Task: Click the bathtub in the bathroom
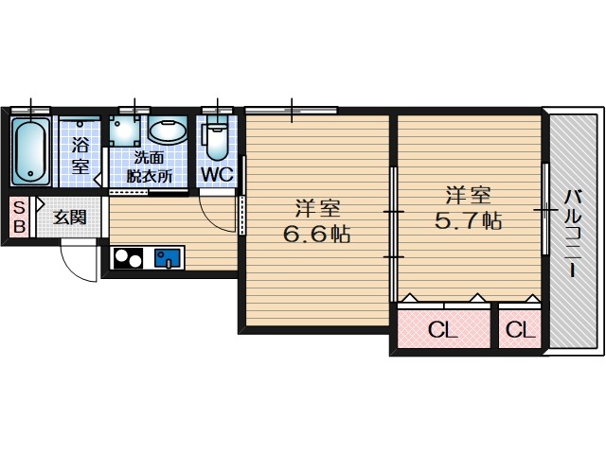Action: tap(31, 151)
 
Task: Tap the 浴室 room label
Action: tap(80, 155)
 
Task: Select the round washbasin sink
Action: tap(168, 130)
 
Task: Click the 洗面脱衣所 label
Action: tap(150, 166)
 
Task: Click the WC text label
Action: tap(217, 175)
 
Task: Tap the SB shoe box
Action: tap(19, 217)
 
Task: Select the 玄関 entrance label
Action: tap(69, 218)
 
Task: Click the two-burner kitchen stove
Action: tap(126, 258)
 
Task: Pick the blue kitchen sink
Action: tap(168, 258)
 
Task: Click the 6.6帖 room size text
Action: tap(316, 234)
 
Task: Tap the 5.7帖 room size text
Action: tap(468, 221)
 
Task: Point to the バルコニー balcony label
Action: tap(572, 233)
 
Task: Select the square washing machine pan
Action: tap(124, 131)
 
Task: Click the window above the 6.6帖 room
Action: tap(291, 110)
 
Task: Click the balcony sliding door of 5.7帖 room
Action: tap(545, 209)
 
